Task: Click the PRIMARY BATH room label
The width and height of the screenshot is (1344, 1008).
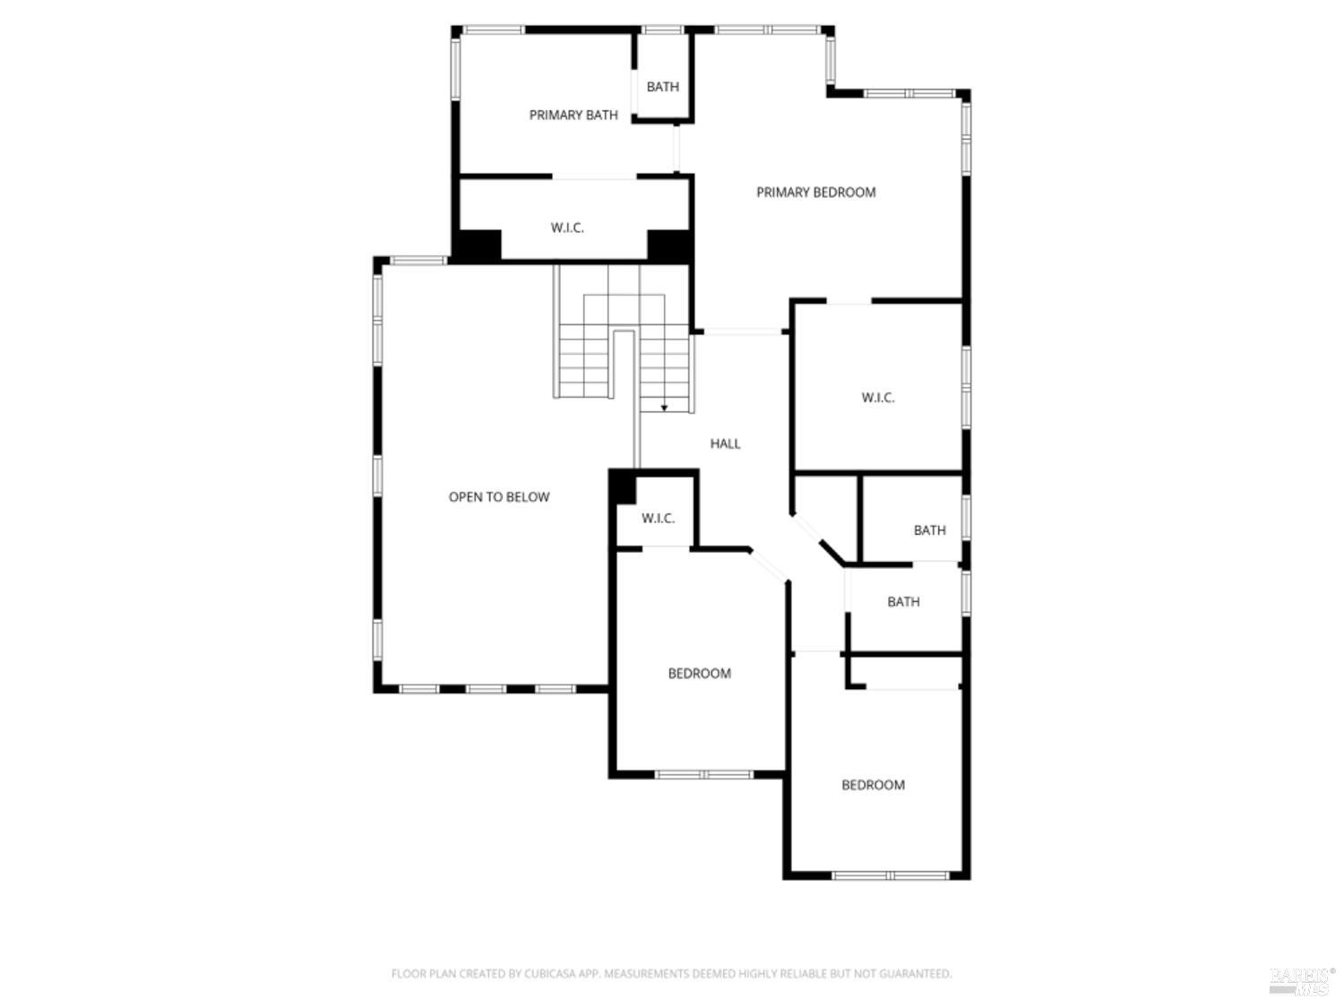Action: (x=573, y=115)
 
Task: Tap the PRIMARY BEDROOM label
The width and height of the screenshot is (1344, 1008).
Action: (x=815, y=192)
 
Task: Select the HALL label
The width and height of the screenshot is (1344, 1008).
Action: (x=725, y=444)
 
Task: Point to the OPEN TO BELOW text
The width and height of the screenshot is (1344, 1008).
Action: (x=499, y=497)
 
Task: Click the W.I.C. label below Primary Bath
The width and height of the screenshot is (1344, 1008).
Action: (x=567, y=228)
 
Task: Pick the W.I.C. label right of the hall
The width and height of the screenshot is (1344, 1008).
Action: (x=878, y=398)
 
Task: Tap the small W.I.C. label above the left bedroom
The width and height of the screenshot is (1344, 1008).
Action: (x=658, y=519)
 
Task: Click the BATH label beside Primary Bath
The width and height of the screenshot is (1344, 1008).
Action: (x=662, y=87)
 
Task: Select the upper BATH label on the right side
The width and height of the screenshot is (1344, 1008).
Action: (x=929, y=530)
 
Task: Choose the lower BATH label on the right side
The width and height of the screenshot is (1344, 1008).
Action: (x=903, y=602)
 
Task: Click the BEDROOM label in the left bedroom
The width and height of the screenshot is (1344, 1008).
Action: (x=699, y=674)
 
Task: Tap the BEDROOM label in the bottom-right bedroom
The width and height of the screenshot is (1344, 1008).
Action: (x=873, y=785)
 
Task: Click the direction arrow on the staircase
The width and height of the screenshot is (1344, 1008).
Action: (x=665, y=407)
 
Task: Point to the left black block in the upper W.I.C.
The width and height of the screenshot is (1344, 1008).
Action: (x=477, y=246)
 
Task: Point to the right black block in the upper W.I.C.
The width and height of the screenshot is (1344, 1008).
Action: (x=668, y=246)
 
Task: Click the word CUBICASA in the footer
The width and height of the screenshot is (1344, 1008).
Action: (x=548, y=974)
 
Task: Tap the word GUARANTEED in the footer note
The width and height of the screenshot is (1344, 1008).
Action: (x=917, y=974)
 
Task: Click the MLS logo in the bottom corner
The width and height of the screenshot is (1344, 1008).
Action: (x=1301, y=981)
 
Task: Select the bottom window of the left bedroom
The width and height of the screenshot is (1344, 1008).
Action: (x=703, y=774)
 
